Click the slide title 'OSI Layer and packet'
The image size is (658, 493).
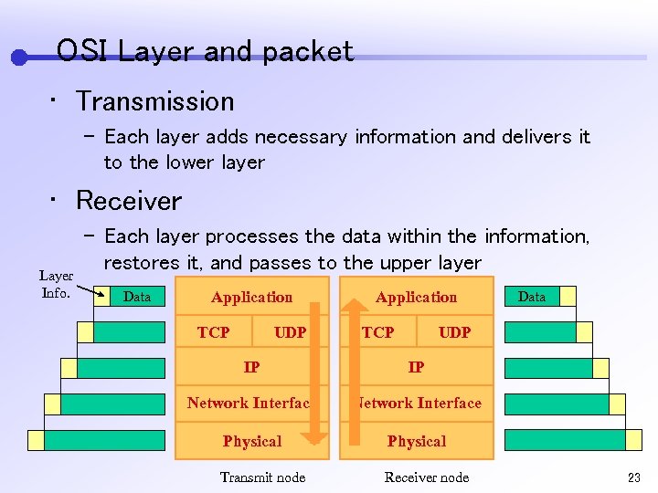(205, 51)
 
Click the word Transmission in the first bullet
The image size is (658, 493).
(154, 101)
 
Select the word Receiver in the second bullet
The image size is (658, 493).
(129, 201)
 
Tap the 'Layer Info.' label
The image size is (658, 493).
(56, 284)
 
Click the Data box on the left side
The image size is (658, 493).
(137, 297)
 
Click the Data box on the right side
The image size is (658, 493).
(531, 297)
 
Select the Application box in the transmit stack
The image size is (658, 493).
(251, 298)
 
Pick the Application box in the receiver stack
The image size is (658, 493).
(416, 298)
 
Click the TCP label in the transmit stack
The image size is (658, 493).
(213, 332)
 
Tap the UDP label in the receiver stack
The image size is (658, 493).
(454, 332)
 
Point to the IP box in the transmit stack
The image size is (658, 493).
(251, 367)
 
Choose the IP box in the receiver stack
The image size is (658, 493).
(416, 367)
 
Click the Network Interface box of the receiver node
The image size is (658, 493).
(418, 403)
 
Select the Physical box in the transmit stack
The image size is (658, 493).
(251, 441)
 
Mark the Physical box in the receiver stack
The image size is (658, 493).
(416, 441)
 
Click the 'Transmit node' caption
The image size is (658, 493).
(262, 477)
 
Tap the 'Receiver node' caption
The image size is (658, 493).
(426, 477)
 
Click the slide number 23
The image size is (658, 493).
(633, 477)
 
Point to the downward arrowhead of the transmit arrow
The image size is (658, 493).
(314, 439)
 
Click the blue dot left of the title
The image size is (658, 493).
(18, 58)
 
